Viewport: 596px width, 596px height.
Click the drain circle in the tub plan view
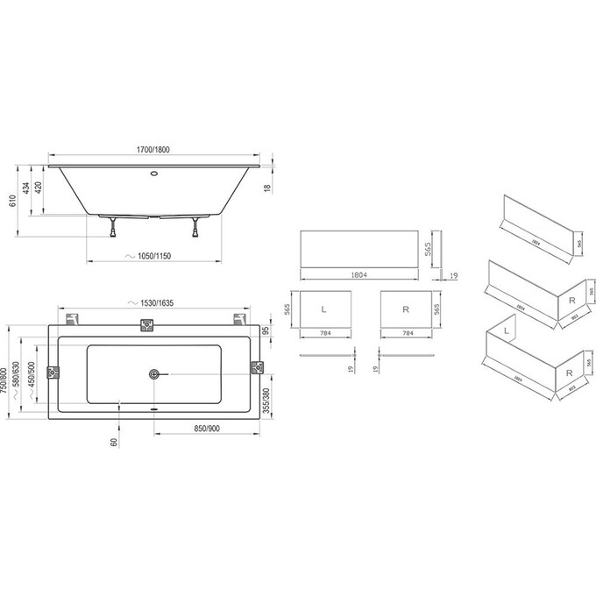[x=154, y=374]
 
